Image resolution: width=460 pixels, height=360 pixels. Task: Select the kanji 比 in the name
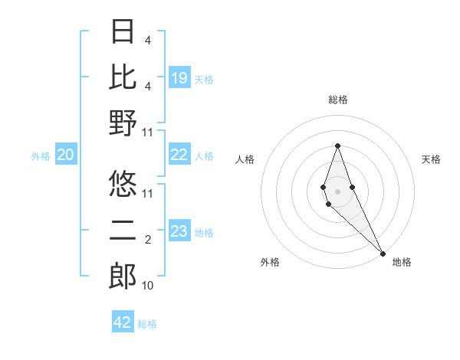tap(123, 77)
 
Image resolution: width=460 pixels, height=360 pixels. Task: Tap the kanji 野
tap(123, 123)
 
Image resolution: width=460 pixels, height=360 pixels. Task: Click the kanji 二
tap(123, 230)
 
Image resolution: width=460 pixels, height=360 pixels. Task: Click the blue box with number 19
tap(179, 78)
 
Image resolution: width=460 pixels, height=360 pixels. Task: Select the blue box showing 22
tap(179, 155)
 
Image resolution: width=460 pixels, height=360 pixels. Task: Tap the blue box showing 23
tap(179, 231)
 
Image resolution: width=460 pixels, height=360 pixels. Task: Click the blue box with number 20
tap(65, 155)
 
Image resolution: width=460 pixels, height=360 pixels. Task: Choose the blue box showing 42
tap(123, 322)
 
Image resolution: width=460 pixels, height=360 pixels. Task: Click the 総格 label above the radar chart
tap(337, 100)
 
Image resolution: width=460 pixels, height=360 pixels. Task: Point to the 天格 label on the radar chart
tap(431, 159)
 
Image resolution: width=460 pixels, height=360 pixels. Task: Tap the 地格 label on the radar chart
tap(402, 262)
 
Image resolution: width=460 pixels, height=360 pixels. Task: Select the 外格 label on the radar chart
tap(270, 262)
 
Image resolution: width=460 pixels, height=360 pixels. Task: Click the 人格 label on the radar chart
tap(245, 159)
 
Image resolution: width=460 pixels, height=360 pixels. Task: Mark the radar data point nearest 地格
tap(382, 253)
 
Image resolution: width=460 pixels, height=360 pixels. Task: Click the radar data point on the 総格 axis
tap(337, 146)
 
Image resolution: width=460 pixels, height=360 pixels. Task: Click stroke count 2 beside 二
tap(147, 241)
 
